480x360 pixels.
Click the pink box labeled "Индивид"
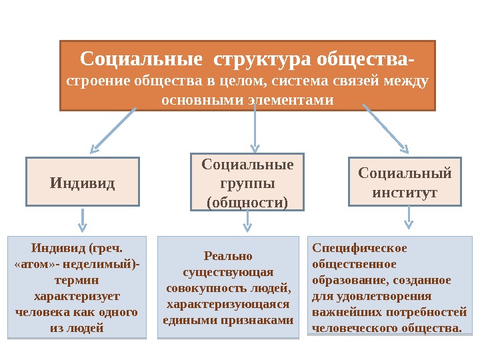(x=83, y=181)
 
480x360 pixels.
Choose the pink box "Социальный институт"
(x=405, y=182)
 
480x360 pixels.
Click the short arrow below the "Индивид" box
(x=83, y=219)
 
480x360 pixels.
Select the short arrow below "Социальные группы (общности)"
(x=247, y=221)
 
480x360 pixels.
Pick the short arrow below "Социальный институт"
(x=408, y=219)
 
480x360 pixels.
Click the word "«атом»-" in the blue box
(x=35, y=265)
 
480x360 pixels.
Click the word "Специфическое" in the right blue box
(x=359, y=248)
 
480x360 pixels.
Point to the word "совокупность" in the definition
(x=200, y=288)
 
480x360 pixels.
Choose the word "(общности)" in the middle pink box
(x=247, y=201)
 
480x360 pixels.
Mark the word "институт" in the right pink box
(x=405, y=193)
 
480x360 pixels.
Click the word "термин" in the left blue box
(x=77, y=281)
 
